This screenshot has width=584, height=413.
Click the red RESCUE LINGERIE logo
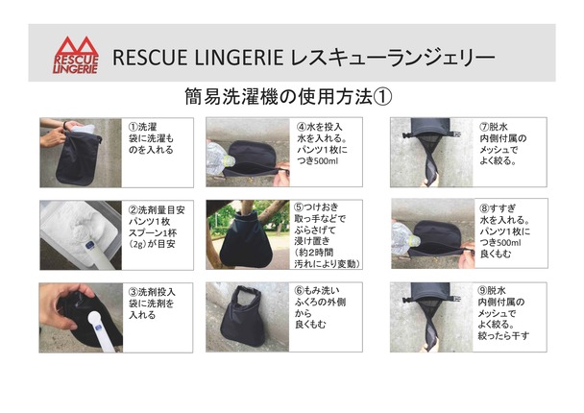[76, 55]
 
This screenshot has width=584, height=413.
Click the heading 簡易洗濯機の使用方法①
[288, 97]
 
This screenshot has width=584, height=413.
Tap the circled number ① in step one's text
[133, 127]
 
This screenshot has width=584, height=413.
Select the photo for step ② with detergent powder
[81, 235]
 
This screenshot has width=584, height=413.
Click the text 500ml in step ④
[327, 161]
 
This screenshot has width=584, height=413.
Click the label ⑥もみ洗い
[317, 290]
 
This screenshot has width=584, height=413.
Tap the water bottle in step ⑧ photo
[404, 239]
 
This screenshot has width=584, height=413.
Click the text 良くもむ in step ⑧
[496, 254]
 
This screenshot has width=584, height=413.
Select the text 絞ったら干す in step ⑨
[503, 335]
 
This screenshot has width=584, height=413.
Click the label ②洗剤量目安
[157, 210]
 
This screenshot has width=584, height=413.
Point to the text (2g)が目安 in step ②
[152, 244]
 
